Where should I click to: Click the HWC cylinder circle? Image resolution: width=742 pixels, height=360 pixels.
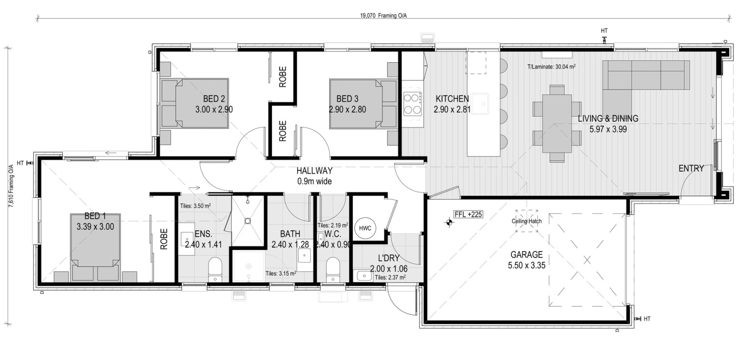(x=365, y=228)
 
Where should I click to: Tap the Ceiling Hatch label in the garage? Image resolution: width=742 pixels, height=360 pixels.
(x=527, y=221)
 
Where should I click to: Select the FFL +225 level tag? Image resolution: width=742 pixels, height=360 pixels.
(x=468, y=214)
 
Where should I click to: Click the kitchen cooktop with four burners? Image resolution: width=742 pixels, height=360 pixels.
(x=412, y=104)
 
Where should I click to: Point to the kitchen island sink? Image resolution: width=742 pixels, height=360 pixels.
(x=479, y=104)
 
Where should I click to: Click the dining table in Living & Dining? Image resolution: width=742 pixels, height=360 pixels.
(x=557, y=124)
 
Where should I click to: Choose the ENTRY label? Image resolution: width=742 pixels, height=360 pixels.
(x=691, y=168)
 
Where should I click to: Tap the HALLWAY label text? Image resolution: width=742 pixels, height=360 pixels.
(x=314, y=171)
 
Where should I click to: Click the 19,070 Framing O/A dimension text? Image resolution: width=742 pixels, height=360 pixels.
(x=383, y=16)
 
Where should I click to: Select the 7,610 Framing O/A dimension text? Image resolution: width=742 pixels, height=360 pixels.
(x=11, y=186)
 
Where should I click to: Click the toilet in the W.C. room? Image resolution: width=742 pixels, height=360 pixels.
(x=333, y=270)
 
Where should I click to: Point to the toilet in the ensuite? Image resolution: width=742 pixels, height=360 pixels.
(x=215, y=270)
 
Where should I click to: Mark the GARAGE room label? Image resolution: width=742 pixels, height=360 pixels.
(x=527, y=255)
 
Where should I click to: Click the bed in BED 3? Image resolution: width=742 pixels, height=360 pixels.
(x=363, y=104)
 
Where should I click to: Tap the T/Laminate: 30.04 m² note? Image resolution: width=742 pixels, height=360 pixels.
(x=551, y=67)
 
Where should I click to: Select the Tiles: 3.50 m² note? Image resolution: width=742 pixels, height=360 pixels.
(x=195, y=206)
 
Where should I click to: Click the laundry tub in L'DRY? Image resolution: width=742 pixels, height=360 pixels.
(x=364, y=275)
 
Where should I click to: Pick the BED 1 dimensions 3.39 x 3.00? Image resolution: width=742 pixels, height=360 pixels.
(x=95, y=227)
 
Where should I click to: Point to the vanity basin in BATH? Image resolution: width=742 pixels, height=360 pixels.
(x=304, y=255)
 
